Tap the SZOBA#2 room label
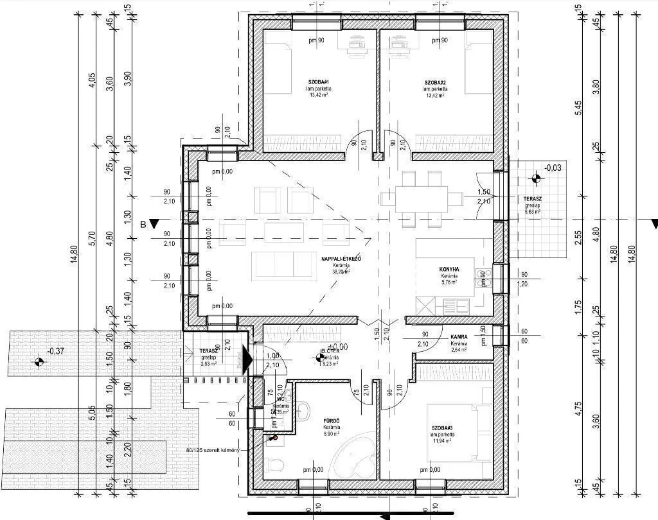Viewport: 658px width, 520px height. point(434,83)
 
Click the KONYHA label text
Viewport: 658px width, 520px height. point(449,269)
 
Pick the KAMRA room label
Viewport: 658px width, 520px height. point(458,337)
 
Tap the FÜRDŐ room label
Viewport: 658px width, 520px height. point(332,422)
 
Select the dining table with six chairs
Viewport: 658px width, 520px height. point(422,199)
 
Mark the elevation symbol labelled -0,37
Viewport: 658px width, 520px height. point(39,362)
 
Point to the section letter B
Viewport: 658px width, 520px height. point(143,223)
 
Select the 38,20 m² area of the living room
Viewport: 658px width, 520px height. point(341,272)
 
